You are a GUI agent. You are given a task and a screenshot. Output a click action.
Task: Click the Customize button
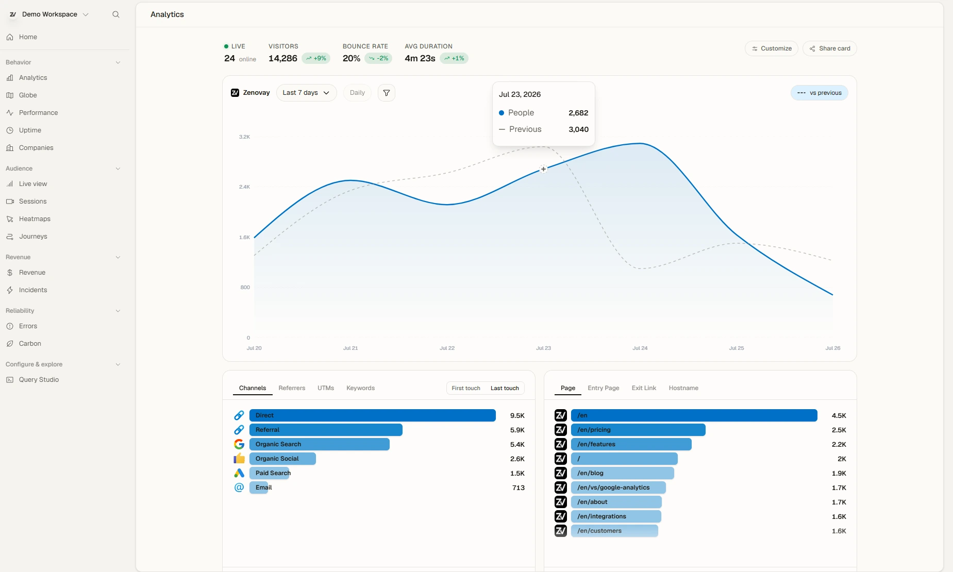point(772,48)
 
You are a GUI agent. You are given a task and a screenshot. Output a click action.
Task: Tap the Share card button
point(830,48)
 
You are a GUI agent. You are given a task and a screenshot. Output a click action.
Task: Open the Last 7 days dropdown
point(307,93)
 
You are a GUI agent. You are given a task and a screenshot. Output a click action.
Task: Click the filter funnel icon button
point(387,93)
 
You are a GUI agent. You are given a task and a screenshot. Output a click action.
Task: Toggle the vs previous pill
point(820,93)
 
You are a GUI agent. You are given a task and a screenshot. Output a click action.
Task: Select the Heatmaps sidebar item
point(35,219)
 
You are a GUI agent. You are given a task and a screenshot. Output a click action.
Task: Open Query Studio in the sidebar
point(39,380)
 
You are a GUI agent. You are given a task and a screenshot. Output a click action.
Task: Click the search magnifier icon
point(116,14)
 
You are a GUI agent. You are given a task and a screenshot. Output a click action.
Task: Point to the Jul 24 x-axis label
point(640,348)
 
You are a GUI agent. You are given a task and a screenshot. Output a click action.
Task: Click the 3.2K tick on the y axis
point(244,137)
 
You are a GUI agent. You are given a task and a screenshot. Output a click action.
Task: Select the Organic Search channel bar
point(320,444)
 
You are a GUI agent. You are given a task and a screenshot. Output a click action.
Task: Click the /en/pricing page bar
point(638,430)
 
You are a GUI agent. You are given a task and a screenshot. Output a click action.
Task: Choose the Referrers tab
point(292,388)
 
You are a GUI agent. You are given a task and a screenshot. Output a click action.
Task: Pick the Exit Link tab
point(644,388)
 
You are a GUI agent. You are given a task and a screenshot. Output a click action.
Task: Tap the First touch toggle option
point(466,388)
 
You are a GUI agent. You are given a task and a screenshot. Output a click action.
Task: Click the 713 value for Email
point(519,487)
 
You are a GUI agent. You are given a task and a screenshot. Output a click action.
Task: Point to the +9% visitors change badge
point(316,58)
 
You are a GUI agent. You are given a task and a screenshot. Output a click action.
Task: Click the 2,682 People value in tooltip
point(578,113)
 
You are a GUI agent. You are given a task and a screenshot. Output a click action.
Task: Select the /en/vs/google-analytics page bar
point(618,487)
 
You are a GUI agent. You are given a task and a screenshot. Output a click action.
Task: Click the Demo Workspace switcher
point(49,14)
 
